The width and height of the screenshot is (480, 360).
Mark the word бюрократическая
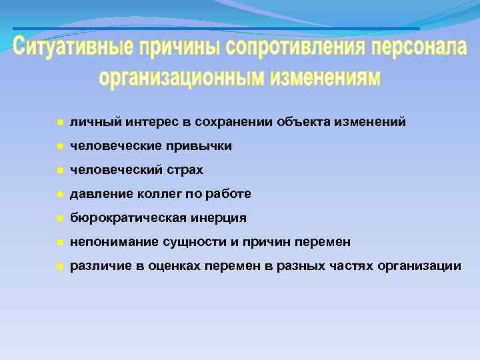coord(126,218)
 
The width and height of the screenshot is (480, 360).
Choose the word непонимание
coord(110,242)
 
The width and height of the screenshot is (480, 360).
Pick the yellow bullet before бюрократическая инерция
coord(59,218)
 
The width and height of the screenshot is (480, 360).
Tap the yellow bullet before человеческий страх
coord(59,170)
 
